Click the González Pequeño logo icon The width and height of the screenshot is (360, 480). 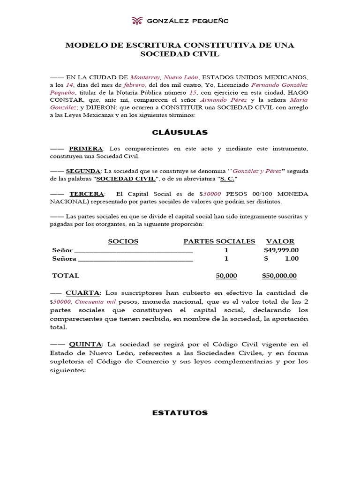pyautogui.click(x=137, y=21)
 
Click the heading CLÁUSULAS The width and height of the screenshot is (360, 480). pyautogui.click(x=180, y=133)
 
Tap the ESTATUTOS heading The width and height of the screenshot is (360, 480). pyautogui.click(x=180, y=413)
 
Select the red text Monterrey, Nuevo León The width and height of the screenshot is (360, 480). pyautogui.click(x=165, y=77)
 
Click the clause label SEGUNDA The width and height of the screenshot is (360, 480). pyautogui.click(x=83, y=171)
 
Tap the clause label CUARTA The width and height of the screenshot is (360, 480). pyautogui.click(x=82, y=292)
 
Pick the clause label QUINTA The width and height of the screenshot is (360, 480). pyautogui.click(x=84, y=344)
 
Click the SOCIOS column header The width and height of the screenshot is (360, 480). pyautogui.click(x=123, y=241)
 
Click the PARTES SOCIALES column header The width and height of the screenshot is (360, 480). pyautogui.click(x=219, y=241)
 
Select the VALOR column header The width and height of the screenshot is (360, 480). pyautogui.click(x=280, y=241)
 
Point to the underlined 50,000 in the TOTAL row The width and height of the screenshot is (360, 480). pyautogui.click(x=226, y=276)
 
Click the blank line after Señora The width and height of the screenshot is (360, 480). pyautogui.click(x=135, y=259)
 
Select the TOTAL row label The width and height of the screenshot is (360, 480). pyautogui.click(x=66, y=276)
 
